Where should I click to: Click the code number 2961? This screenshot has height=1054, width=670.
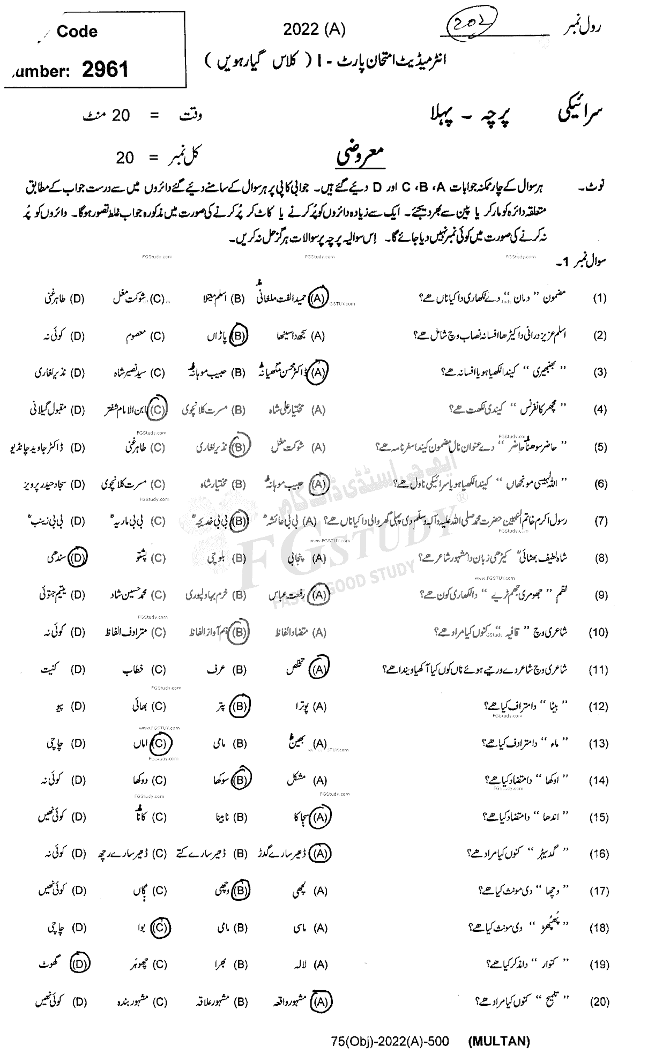click(x=106, y=69)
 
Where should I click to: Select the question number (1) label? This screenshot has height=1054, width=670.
click(x=599, y=298)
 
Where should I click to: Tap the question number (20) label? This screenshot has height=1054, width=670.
click(x=599, y=1001)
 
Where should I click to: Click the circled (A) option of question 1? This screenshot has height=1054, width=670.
click(x=318, y=298)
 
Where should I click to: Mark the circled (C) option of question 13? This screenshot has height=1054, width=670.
click(x=159, y=743)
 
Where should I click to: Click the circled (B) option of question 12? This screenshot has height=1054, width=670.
click(x=240, y=706)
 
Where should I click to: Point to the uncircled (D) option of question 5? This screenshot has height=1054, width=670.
click(x=78, y=447)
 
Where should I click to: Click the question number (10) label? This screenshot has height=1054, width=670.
click(x=598, y=632)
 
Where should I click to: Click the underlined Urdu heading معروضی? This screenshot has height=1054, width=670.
click(x=361, y=156)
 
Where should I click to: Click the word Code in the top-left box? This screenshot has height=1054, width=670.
click(x=77, y=32)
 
